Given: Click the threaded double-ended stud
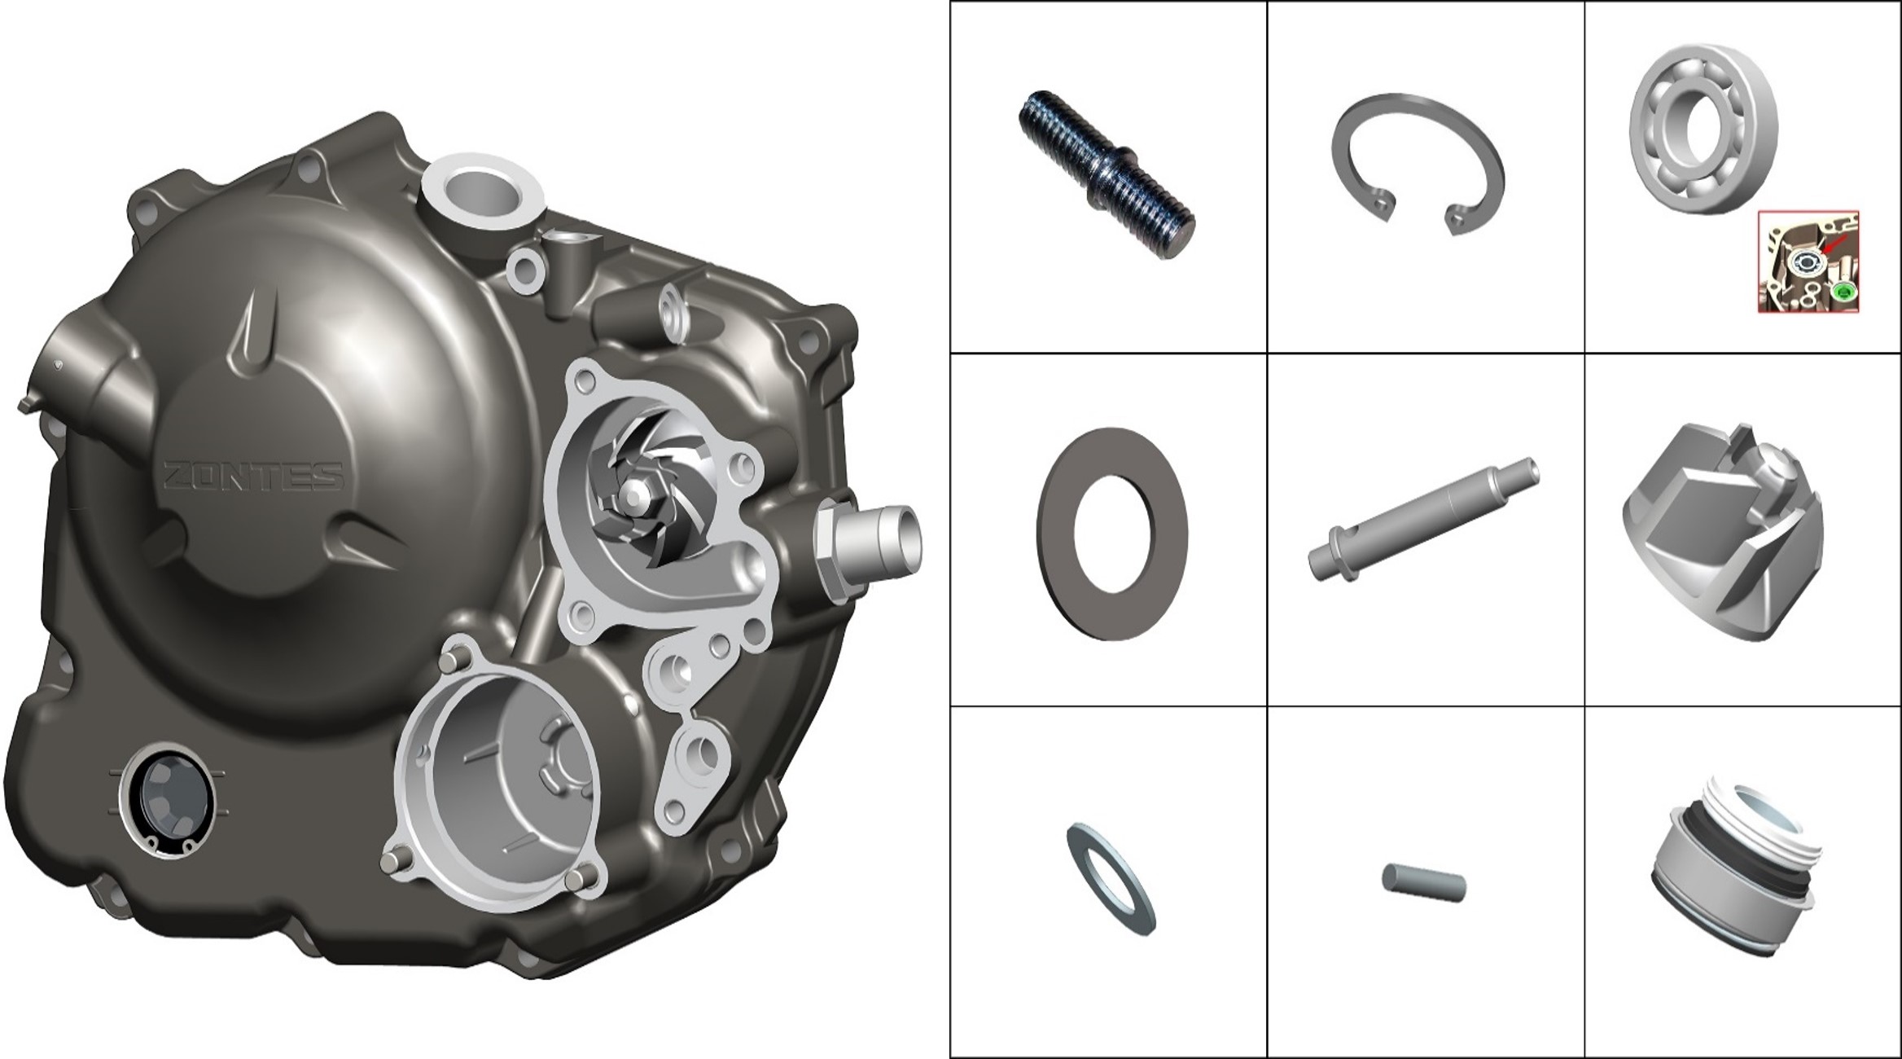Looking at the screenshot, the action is [x=1106, y=174].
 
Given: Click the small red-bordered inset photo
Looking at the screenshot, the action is [x=1808, y=261].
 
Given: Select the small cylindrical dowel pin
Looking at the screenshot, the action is [x=1424, y=882].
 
